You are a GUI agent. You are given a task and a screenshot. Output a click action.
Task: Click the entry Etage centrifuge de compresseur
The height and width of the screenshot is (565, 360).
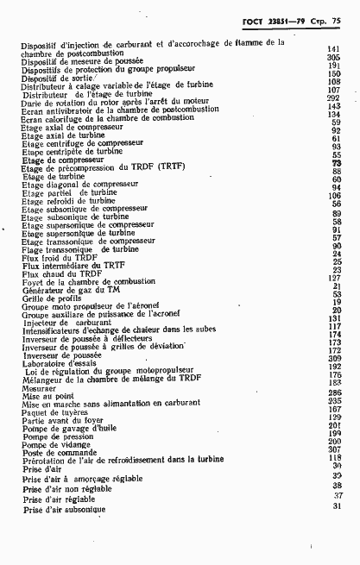tap(79, 143)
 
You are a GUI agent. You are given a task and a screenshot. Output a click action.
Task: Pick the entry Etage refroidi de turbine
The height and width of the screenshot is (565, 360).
tap(70, 200)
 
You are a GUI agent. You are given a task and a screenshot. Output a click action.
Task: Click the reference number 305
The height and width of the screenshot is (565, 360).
tap(333, 58)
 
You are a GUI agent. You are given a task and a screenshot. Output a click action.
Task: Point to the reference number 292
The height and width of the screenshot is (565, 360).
tap(333, 98)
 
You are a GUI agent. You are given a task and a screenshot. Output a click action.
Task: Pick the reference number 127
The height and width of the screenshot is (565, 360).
tap(334, 278)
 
